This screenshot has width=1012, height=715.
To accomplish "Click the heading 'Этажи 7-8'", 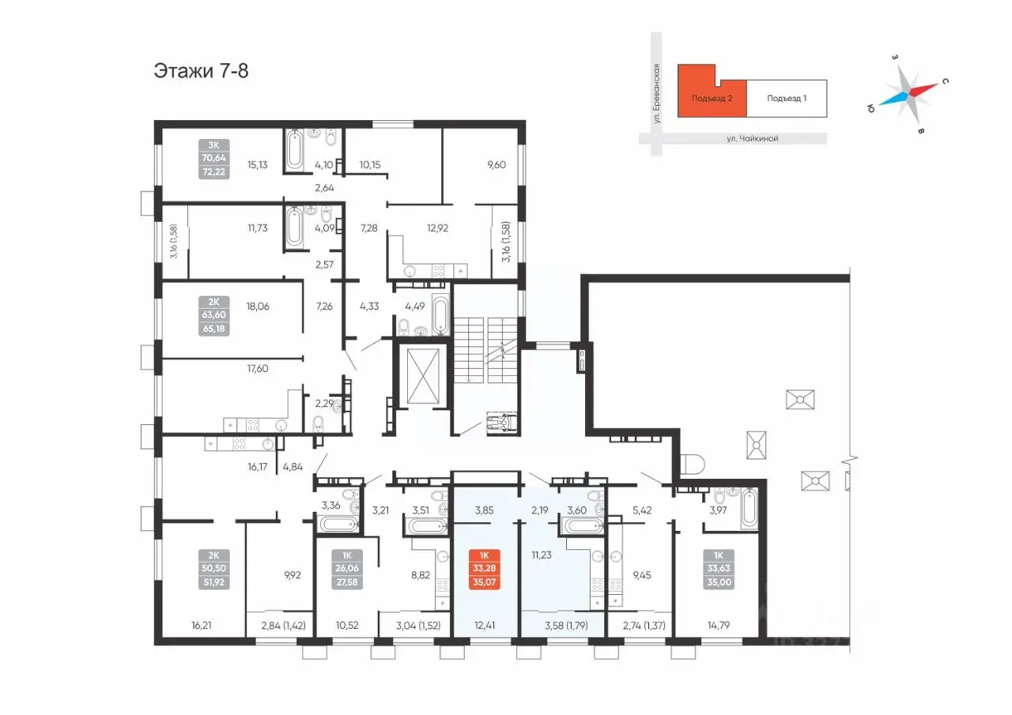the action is click(x=201, y=71).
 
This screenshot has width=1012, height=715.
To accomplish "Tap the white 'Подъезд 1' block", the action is click(x=787, y=99).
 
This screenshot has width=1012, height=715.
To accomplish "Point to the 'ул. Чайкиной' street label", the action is click(x=752, y=138).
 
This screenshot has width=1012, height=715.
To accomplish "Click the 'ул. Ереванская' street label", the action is click(x=656, y=93).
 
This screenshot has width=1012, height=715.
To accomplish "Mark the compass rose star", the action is click(x=908, y=96).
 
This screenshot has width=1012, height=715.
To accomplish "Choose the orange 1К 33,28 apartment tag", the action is click(x=485, y=569).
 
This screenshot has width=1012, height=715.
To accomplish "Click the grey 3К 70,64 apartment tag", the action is click(x=213, y=159).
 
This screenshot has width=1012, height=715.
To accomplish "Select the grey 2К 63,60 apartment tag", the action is click(x=213, y=315).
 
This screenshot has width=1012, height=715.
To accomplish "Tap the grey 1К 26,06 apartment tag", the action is click(x=347, y=569).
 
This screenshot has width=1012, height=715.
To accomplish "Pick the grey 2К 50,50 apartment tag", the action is click(x=213, y=569).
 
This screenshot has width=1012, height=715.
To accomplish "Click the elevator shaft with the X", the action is click(x=423, y=375).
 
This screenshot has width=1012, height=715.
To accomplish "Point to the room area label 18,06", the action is click(x=258, y=307).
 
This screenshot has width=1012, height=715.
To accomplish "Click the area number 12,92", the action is click(x=437, y=228).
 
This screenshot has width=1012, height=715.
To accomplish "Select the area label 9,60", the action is click(x=496, y=165).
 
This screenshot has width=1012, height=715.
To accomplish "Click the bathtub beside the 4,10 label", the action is click(x=295, y=149).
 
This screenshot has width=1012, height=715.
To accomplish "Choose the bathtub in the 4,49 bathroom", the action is click(x=440, y=314).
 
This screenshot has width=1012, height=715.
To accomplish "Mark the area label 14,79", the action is click(x=719, y=626).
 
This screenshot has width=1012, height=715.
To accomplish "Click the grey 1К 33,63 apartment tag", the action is click(x=719, y=569).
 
